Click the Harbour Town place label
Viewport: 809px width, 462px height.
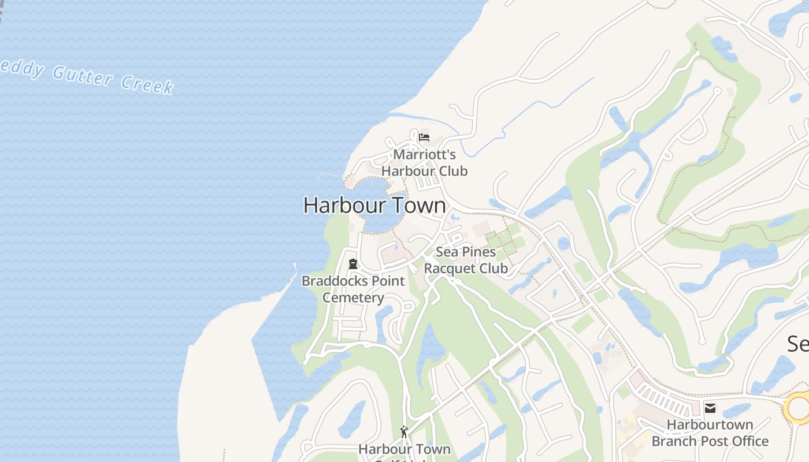(x=374, y=206)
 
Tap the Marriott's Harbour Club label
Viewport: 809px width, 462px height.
(x=424, y=163)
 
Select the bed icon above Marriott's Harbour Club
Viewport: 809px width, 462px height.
(x=424, y=137)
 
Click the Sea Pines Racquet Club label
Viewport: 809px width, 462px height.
(x=466, y=260)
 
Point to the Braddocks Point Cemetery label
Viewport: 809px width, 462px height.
(x=353, y=289)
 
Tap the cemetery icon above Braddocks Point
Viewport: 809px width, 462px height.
(x=352, y=264)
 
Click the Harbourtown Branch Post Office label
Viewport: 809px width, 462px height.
(x=710, y=433)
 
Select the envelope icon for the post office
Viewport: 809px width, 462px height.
(x=710, y=409)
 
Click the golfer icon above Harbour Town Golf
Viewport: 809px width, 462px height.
(x=404, y=431)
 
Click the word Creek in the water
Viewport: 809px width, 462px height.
(x=147, y=84)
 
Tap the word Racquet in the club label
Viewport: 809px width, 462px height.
(x=449, y=269)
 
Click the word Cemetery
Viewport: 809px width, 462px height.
(x=353, y=298)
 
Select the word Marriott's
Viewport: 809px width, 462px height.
(x=425, y=155)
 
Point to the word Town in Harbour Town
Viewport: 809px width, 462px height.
(x=418, y=206)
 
